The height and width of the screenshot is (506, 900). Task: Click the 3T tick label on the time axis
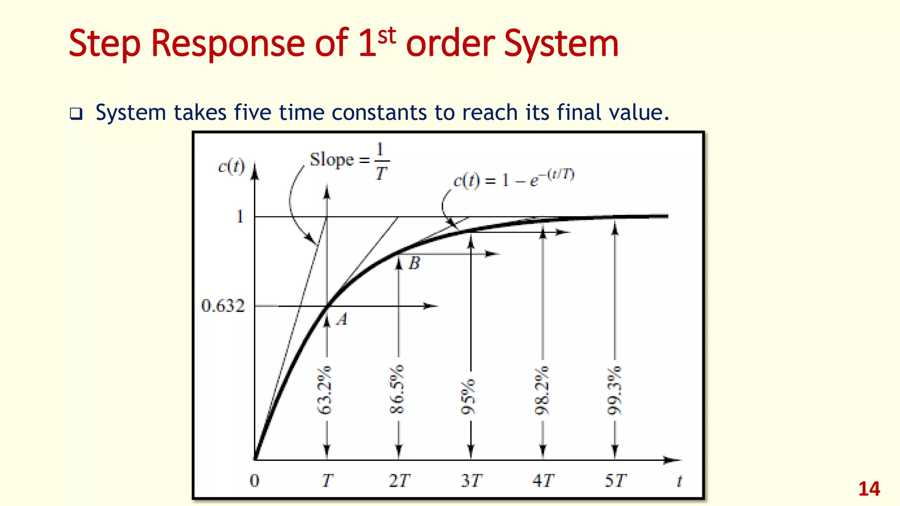tap(472, 481)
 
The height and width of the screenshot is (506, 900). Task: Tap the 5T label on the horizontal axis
tap(615, 481)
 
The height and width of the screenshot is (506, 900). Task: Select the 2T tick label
tap(399, 481)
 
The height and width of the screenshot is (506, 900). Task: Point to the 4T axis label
tap(543, 481)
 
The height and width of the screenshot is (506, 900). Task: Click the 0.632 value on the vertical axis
tap(223, 306)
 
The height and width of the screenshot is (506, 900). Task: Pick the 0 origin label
tap(254, 481)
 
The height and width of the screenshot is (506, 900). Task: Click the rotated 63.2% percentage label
tap(325, 390)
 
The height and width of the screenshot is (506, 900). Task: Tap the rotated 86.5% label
tap(397, 390)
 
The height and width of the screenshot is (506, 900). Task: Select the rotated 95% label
tap(468, 397)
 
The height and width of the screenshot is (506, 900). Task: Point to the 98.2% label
tap(542, 390)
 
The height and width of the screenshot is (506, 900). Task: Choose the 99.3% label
tap(614, 390)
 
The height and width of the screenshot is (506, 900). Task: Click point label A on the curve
tap(342, 319)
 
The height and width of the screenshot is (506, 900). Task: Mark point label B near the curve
tap(414, 263)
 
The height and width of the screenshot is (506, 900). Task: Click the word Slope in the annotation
tap(332, 160)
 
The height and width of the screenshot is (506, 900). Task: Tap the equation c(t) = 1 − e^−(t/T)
tap(514, 178)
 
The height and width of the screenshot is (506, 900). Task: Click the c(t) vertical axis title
tap(231, 167)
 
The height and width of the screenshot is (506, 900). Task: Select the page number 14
tap(869, 489)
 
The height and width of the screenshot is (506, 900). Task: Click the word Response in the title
tap(228, 43)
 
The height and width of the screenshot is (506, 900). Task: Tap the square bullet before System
tap(76, 114)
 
